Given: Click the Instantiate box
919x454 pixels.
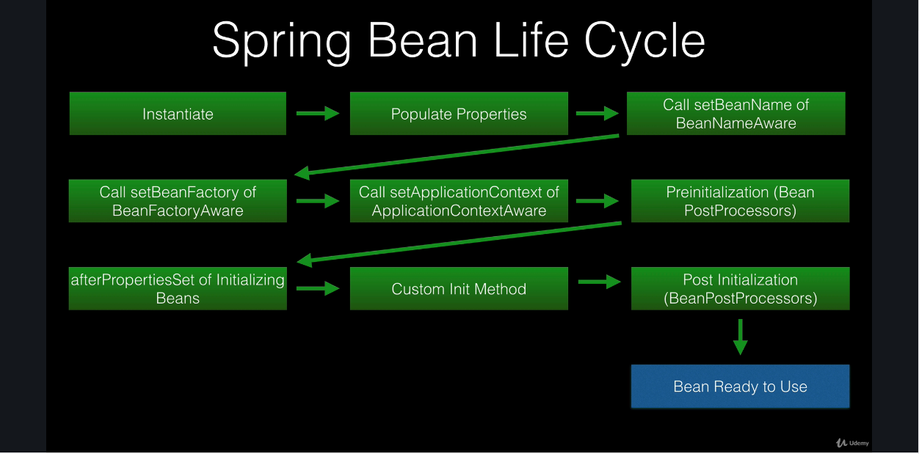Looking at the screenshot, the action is coord(178,114).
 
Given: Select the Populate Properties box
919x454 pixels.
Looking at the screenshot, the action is coord(459,114).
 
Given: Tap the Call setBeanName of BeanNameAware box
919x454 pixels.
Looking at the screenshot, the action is coord(736,114).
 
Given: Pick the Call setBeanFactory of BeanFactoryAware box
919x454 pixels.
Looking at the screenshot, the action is coord(178,201).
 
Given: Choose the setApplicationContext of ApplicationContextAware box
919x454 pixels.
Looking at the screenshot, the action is coord(459,201).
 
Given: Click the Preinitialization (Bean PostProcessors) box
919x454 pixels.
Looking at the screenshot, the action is coord(740,201).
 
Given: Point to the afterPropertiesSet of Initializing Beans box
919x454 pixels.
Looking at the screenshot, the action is coord(178,288).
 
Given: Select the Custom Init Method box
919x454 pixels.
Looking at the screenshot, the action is coord(459,288).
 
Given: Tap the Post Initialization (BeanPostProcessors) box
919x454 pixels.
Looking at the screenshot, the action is coord(740,288).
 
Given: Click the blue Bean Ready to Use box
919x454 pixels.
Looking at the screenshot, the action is coord(740,387).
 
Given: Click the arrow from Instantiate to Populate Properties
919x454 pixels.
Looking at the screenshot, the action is coord(318,113).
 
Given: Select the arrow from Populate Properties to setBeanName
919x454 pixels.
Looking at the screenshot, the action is coord(597,113).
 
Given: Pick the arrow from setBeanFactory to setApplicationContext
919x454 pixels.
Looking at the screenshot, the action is coord(318,201).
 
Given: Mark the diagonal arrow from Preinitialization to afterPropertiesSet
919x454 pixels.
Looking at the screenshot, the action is coord(459,244).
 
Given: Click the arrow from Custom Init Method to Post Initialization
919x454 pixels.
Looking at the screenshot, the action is coord(600,282).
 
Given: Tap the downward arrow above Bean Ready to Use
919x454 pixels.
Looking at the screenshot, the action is coord(740,337).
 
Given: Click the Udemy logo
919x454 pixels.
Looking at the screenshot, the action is coord(852,443).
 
